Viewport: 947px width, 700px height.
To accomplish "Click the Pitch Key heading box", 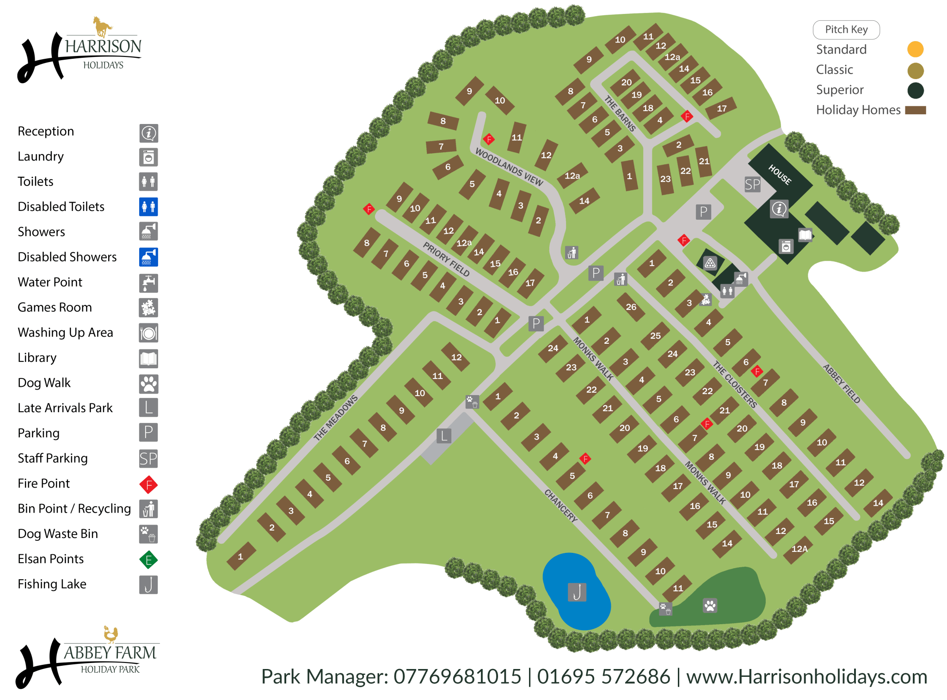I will [x=846, y=30].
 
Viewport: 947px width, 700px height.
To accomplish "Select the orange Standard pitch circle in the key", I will [x=915, y=49].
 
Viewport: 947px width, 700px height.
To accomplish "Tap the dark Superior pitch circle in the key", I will [x=915, y=90].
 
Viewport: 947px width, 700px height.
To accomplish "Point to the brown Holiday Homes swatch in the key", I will [x=915, y=110].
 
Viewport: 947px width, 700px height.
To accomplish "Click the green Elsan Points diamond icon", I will [x=148, y=560].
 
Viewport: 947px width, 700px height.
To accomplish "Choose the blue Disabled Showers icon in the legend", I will [x=148, y=257].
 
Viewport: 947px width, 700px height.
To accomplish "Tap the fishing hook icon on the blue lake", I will [x=577, y=592].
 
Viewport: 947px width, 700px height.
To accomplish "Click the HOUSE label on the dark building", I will [x=780, y=174].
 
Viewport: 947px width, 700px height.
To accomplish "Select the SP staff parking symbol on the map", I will [x=752, y=185].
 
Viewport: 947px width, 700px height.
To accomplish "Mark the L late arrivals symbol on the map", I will [x=444, y=435].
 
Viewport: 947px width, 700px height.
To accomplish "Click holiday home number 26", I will [x=631, y=307].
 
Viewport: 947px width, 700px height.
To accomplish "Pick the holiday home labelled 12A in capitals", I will [x=799, y=549].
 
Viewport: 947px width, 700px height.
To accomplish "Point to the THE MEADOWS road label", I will [x=336, y=417].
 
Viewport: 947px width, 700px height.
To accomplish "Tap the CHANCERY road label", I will [x=560, y=506].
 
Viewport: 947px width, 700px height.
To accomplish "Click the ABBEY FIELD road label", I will [x=842, y=384].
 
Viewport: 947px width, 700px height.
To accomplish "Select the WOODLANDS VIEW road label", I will [x=509, y=167].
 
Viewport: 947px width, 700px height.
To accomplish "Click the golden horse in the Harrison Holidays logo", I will [x=102, y=26].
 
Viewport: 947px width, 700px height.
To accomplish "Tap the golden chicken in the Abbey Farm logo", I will [x=111, y=634].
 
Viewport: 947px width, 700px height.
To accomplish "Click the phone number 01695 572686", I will [x=603, y=676].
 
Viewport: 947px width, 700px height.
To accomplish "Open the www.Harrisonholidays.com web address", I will [x=806, y=676].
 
